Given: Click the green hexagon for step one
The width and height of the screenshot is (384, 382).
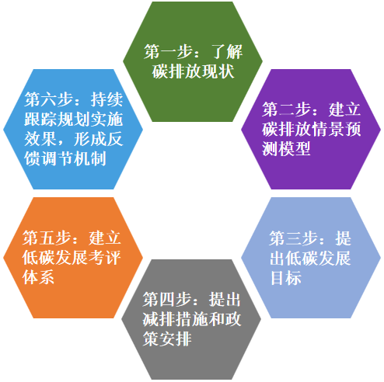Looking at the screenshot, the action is [x=193, y=61].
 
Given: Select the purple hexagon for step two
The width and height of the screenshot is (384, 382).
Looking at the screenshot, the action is [x=311, y=129].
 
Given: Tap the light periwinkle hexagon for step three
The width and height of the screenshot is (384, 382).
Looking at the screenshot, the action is [x=311, y=258].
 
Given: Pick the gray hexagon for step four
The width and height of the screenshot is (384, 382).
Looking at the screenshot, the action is [x=191, y=320].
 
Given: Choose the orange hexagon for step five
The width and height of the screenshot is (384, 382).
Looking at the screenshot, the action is [x=73, y=258].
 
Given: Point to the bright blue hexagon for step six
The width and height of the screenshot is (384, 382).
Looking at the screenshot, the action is [x=73, y=129].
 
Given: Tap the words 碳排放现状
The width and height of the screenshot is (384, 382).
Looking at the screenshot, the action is [x=194, y=71].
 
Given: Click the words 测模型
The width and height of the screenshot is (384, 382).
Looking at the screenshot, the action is [x=286, y=148].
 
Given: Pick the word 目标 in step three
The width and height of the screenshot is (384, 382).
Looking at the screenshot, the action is [x=285, y=278].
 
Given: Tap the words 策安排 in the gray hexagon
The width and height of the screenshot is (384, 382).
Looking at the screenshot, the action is [x=167, y=339].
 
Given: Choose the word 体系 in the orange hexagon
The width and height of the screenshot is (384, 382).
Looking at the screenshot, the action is [x=38, y=277].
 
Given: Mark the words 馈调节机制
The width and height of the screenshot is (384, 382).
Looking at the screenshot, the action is [x=65, y=158].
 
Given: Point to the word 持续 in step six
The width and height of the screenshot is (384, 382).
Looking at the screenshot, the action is [x=106, y=99].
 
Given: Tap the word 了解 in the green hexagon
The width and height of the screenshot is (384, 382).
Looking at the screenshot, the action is [x=227, y=51].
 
